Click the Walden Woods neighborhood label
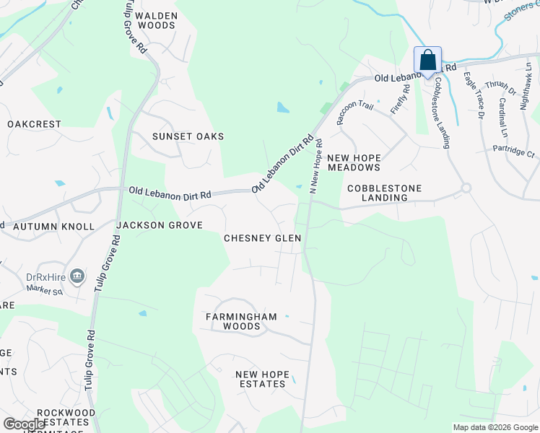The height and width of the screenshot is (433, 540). coord(155,20)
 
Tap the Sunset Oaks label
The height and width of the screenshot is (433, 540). coord(188,136)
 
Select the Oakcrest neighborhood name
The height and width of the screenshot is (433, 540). coord(35,124)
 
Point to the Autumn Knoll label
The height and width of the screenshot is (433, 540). coord(53,227)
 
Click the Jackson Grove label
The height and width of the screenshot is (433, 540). coord(160,225)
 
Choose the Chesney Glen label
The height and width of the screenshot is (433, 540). coord(262,238)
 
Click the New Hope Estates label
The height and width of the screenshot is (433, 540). coord(262,379)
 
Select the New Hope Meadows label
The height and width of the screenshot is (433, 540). coord(354,162)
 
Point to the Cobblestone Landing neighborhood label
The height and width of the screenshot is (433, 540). coord(383,193)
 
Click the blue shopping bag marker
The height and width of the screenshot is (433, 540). coord(427,60)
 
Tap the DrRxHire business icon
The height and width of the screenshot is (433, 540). coord(78,276)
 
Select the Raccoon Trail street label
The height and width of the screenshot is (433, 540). coord(354,113)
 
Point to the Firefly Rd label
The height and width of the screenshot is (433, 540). coord(400,100)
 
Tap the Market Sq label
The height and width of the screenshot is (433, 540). coord(45,291)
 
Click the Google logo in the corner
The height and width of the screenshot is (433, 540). coord(24,424)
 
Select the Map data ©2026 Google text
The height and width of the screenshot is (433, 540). coord(495,427)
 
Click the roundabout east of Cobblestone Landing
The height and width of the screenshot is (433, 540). coord(466,188)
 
